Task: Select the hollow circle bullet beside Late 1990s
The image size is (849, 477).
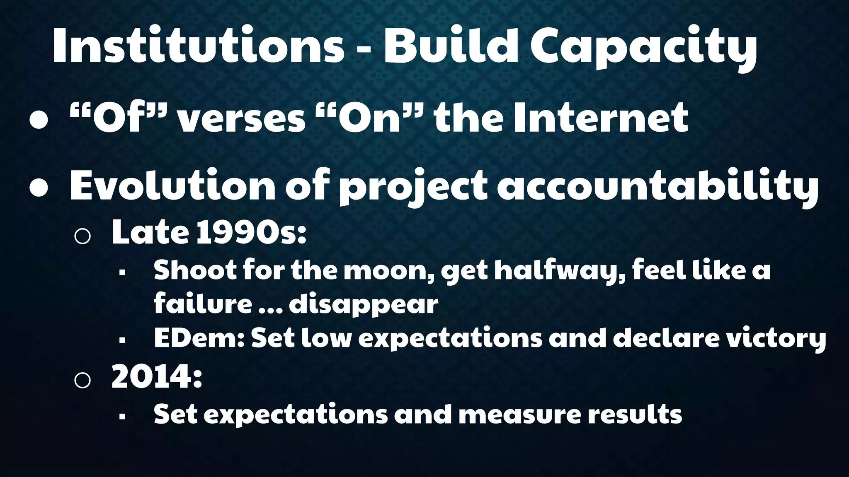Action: [82, 236]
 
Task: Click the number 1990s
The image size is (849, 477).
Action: [251, 233]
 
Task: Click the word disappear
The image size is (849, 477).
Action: [363, 306]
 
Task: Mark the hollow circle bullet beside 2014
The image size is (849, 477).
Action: [82, 380]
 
